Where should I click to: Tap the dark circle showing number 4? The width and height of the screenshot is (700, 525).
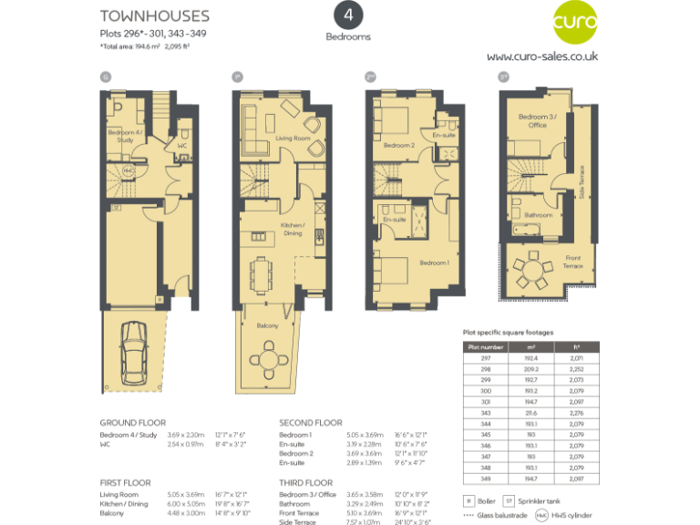coord(348,15)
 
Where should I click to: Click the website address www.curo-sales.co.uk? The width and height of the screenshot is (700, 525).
coord(541,57)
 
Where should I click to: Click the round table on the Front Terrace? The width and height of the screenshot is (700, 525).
coord(532,269)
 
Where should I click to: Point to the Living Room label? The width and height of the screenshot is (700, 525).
coord(293,138)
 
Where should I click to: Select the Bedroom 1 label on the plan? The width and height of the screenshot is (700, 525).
coord(434,262)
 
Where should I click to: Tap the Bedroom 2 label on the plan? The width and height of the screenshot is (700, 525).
coord(399,146)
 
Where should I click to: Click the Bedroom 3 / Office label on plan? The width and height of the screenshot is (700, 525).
coord(531,120)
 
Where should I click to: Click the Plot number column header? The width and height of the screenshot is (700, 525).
coord(485,347)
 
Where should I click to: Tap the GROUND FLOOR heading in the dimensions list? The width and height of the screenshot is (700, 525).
coord(133,423)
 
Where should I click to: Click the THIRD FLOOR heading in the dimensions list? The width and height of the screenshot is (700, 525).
coord(306,482)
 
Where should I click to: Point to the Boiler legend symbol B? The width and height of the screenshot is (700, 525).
coord(468,500)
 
